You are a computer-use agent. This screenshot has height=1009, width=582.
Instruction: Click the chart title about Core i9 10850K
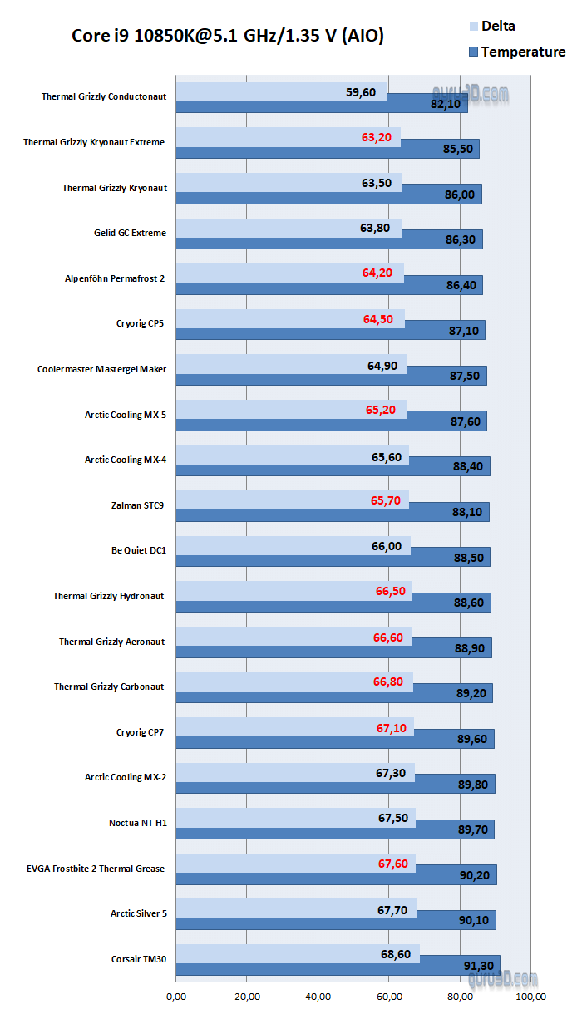[x=228, y=36]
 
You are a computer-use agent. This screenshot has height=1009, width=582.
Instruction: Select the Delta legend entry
[x=497, y=26]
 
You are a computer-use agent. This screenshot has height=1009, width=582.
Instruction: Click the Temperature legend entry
[x=522, y=52]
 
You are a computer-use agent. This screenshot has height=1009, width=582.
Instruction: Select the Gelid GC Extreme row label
[x=130, y=233]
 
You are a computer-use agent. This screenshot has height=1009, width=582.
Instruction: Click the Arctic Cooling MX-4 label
[x=125, y=459]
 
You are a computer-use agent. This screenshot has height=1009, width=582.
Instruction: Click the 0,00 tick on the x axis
[x=176, y=995]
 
